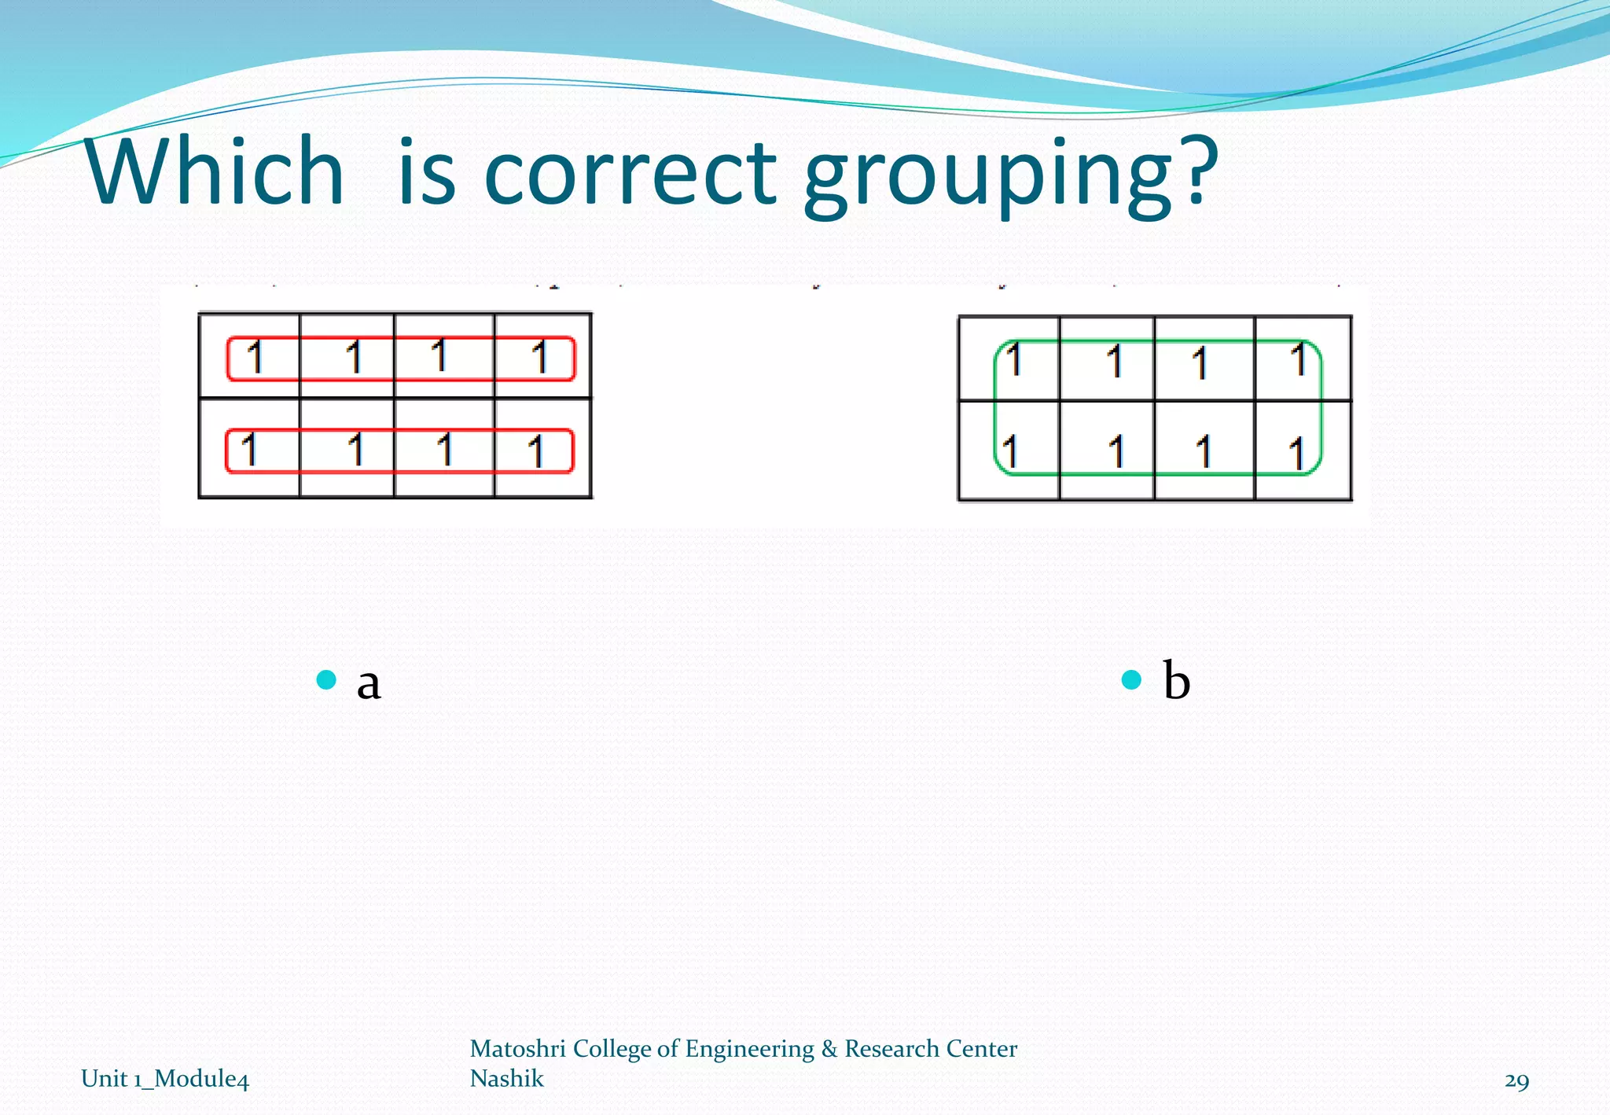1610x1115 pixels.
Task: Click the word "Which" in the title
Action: pyautogui.click(x=215, y=171)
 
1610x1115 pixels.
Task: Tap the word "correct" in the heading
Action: pyautogui.click(x=630, y=172)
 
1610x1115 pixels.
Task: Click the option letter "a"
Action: pyautogui.click(x=368, y=683)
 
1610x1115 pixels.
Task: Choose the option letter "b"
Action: pyautogui.click(x=1176, y=679)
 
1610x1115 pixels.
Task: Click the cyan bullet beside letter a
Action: pyautogui.click(x=326, y=679)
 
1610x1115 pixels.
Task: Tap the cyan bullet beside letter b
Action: pyautogui.click(x=1131, y=679)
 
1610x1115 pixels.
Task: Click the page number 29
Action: pyautogui.click(x=1516, y=1080)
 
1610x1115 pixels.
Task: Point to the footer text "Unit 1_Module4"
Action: pyautogui.click(x=165, y=1078)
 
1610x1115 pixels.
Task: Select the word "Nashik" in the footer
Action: pyautogui.click(x=506, y=1078)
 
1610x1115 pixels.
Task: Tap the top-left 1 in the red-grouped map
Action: pyautogui.click(x=254, y=357)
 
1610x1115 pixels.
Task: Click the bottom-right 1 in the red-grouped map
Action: pyautogui.click(x=536, y=451)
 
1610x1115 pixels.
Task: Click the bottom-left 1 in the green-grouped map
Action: pyautogui.click(x=1010, y=451)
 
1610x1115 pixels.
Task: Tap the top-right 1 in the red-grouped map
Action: pyautogui.click(x=539, y=357)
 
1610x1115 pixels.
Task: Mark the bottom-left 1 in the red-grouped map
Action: pyautogui.click(x=249, y=450)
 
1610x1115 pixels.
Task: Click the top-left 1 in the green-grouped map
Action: pyautogui.click(x=1014, y=360)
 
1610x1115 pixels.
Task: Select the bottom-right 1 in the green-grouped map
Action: pyautogui.click(x=1296, y=454)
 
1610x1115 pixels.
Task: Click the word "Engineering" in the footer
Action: pyautogui.click(x=749, y=1048)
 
